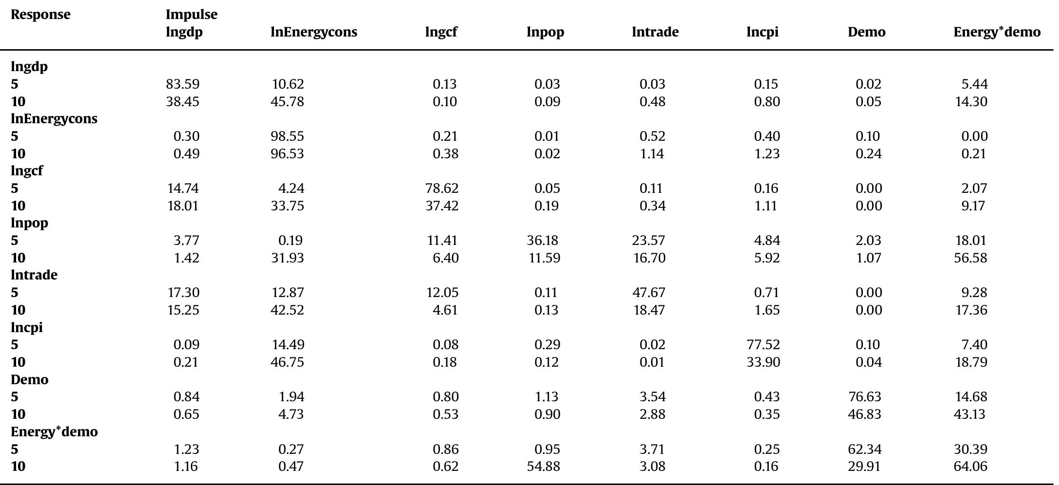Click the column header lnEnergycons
313,32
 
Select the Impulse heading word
191,15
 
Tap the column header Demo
866,32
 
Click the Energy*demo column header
997,32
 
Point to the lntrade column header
655,32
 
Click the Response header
40,15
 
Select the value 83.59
183,84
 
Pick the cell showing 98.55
287,136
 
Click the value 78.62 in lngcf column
441,188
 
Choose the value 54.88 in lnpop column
543,466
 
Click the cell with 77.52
763,345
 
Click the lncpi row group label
27,328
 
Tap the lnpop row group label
29,223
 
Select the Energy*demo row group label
54,432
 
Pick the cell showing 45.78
287,102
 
